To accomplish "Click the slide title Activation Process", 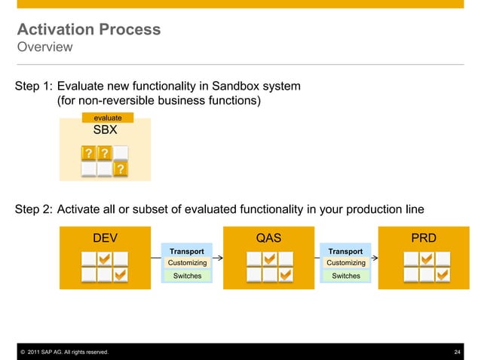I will coord(88,30).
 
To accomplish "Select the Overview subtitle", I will coord(44,47).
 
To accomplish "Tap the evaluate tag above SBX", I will coord(107,117).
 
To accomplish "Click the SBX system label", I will coord(105,130).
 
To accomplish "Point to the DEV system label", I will coord(105,238).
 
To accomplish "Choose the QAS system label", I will coord(269,238).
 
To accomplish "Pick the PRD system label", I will coord(423,238).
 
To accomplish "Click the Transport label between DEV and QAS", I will coord(186,251).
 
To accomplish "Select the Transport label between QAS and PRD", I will coord(345,251).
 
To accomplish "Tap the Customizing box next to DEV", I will coord(187,263).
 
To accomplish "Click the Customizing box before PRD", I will coord(346,263).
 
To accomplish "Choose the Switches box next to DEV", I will coord(187,276).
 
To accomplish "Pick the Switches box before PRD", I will coord(346,276).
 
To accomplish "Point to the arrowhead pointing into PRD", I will coord(375,258).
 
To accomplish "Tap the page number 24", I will coord(457,352).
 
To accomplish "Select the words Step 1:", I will coord(34,87).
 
